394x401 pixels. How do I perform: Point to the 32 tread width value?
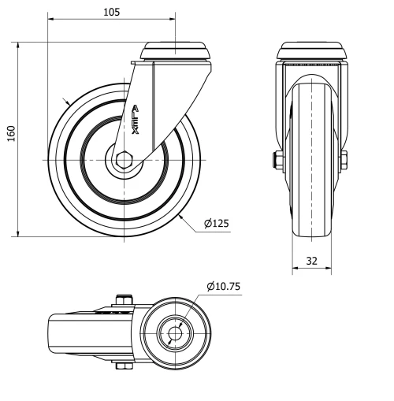click(310, 261)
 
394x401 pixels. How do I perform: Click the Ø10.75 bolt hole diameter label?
click(225, 287)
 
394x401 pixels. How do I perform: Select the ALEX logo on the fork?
click(136, 119)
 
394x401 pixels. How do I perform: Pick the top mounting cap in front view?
click(311, 52)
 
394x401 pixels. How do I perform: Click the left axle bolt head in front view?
click(278, 161)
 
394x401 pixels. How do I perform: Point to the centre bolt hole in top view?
click(174, 332)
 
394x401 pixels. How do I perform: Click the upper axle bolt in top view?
click(124, 299)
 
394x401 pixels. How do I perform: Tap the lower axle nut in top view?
click(124, 365)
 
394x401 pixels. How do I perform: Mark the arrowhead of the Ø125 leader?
click(183, 213)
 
